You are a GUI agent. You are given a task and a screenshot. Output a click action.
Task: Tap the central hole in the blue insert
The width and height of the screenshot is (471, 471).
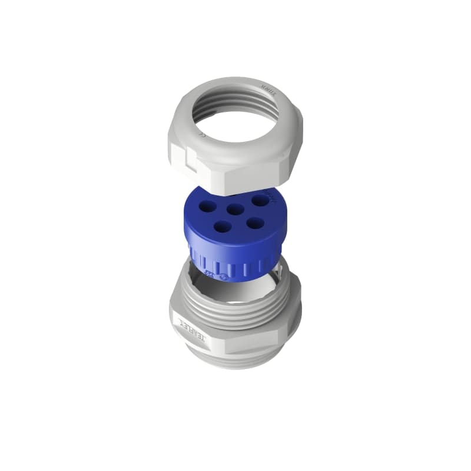(x=236, y=208)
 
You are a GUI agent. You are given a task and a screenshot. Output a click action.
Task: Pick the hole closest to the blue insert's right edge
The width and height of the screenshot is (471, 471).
(x=260, y=200)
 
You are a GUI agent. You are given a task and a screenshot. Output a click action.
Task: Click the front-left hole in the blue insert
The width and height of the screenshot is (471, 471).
(x=222, y=225)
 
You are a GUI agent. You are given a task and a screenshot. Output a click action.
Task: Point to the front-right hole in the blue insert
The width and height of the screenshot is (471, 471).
(x=254, y=223)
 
